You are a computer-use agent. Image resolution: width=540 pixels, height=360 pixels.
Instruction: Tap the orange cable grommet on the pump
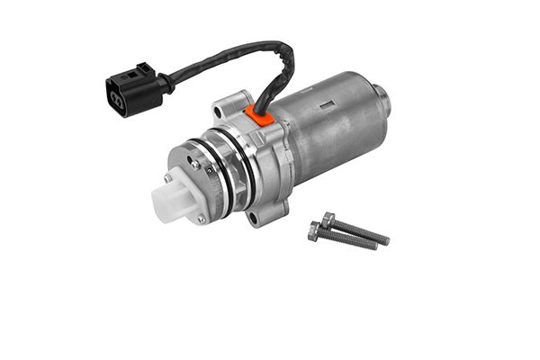(x=260, y=115)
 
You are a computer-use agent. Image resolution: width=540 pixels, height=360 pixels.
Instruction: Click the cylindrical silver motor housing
(x=328, y=126)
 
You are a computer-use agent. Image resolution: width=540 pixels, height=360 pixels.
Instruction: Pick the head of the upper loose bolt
(x=328, y=219)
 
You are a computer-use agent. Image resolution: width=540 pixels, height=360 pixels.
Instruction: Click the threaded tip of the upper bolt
(x=384, y=241)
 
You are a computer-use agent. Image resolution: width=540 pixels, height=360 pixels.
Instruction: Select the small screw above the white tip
(x=193, y=165)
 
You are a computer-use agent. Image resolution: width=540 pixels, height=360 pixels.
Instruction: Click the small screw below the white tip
(x=201, y=218)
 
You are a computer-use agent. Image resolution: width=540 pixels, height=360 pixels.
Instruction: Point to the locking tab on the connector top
(x=144, y=69)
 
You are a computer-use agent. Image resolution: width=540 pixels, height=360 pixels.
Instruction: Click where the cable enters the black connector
(x=166, y=84)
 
